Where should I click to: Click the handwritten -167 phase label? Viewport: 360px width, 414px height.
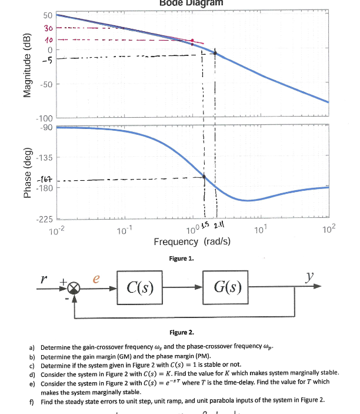(x=46, y=179)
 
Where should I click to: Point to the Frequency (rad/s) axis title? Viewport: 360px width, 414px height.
(x=192, y=242)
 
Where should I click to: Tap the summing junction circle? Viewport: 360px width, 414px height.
(x=74, y=288)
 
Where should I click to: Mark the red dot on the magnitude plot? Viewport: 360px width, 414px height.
(x=192, y=41)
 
